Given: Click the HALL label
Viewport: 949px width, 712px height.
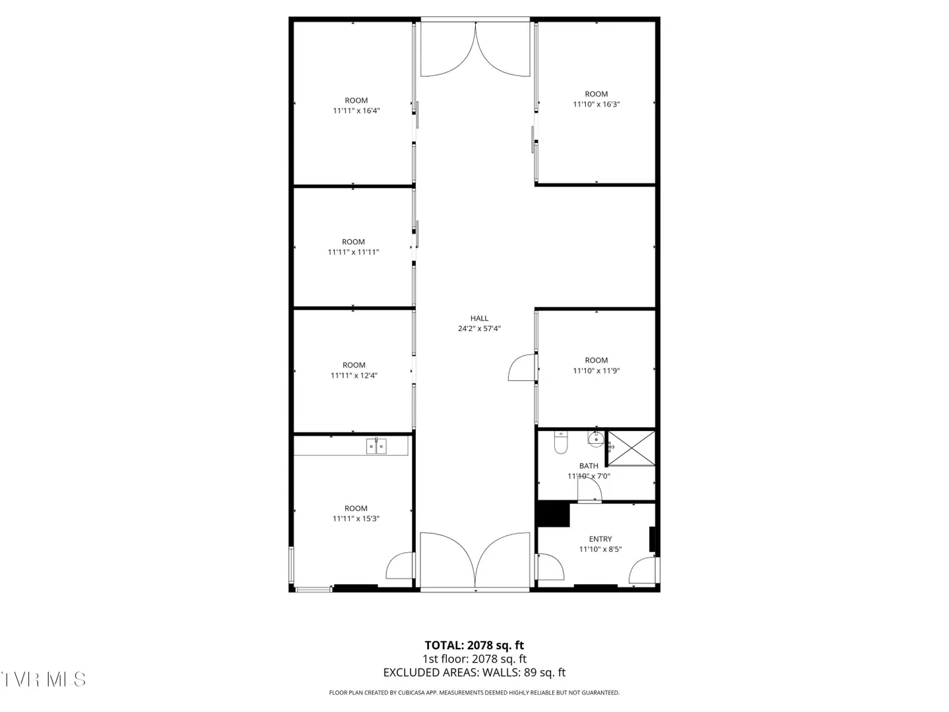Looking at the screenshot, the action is (x=479, y=318).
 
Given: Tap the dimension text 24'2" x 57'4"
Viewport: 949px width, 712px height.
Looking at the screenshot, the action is (x=479, y=328).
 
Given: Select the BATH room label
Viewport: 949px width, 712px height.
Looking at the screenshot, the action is (x=589, y=465).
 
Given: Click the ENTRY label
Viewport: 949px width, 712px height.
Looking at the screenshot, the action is (x=600, y=539).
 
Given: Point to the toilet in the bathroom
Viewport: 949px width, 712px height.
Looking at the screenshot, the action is (x=560, y=442).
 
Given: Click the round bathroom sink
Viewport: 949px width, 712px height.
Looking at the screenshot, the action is (x=596, y=439).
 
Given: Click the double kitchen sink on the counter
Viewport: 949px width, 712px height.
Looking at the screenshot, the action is (x=376, y=446).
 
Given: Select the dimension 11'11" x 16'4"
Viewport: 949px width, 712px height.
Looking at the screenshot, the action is (x=357, y=111).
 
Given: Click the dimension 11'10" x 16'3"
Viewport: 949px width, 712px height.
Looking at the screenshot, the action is (x=596, y=104).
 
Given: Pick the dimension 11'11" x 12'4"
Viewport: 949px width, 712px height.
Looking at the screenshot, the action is (x=354, y=375).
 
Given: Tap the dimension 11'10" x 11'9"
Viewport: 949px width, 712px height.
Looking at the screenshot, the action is (x=596, y=371).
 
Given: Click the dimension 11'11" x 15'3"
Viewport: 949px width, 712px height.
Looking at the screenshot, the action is (x=356, y=518).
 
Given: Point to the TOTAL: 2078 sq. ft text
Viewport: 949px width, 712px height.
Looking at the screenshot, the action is (x=474, y=645).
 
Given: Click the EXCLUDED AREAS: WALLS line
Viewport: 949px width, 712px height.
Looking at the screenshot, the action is (x=474, y=672).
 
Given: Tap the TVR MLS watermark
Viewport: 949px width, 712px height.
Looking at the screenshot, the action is (x=43, y=680).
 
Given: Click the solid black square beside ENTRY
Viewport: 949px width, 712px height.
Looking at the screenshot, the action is (x=553, y=514).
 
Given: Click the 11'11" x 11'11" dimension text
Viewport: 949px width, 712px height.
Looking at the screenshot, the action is (x=353, y=252).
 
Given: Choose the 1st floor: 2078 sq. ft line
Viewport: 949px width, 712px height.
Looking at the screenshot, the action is (x=474, y=659).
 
